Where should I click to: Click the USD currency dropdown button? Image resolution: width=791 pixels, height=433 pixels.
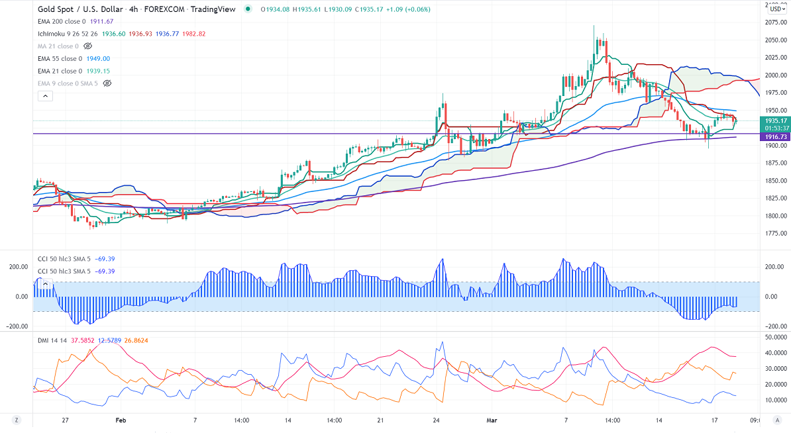click(776, 9)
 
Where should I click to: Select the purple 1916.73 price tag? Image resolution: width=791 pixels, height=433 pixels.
click(775, 136)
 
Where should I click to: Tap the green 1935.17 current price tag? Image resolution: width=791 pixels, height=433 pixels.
click(775, 121)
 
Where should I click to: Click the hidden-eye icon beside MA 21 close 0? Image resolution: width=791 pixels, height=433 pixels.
click(88, 46)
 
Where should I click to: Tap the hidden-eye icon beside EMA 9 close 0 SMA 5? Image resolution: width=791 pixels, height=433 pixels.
click(107, 83)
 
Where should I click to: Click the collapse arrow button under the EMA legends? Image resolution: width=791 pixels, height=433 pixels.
click(45, 96)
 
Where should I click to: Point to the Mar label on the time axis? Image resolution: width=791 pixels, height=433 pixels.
click(492, 420)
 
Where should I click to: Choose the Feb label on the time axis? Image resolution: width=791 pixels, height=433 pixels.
click(121, 420)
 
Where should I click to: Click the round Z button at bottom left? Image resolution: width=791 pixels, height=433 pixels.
click(15, 420)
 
